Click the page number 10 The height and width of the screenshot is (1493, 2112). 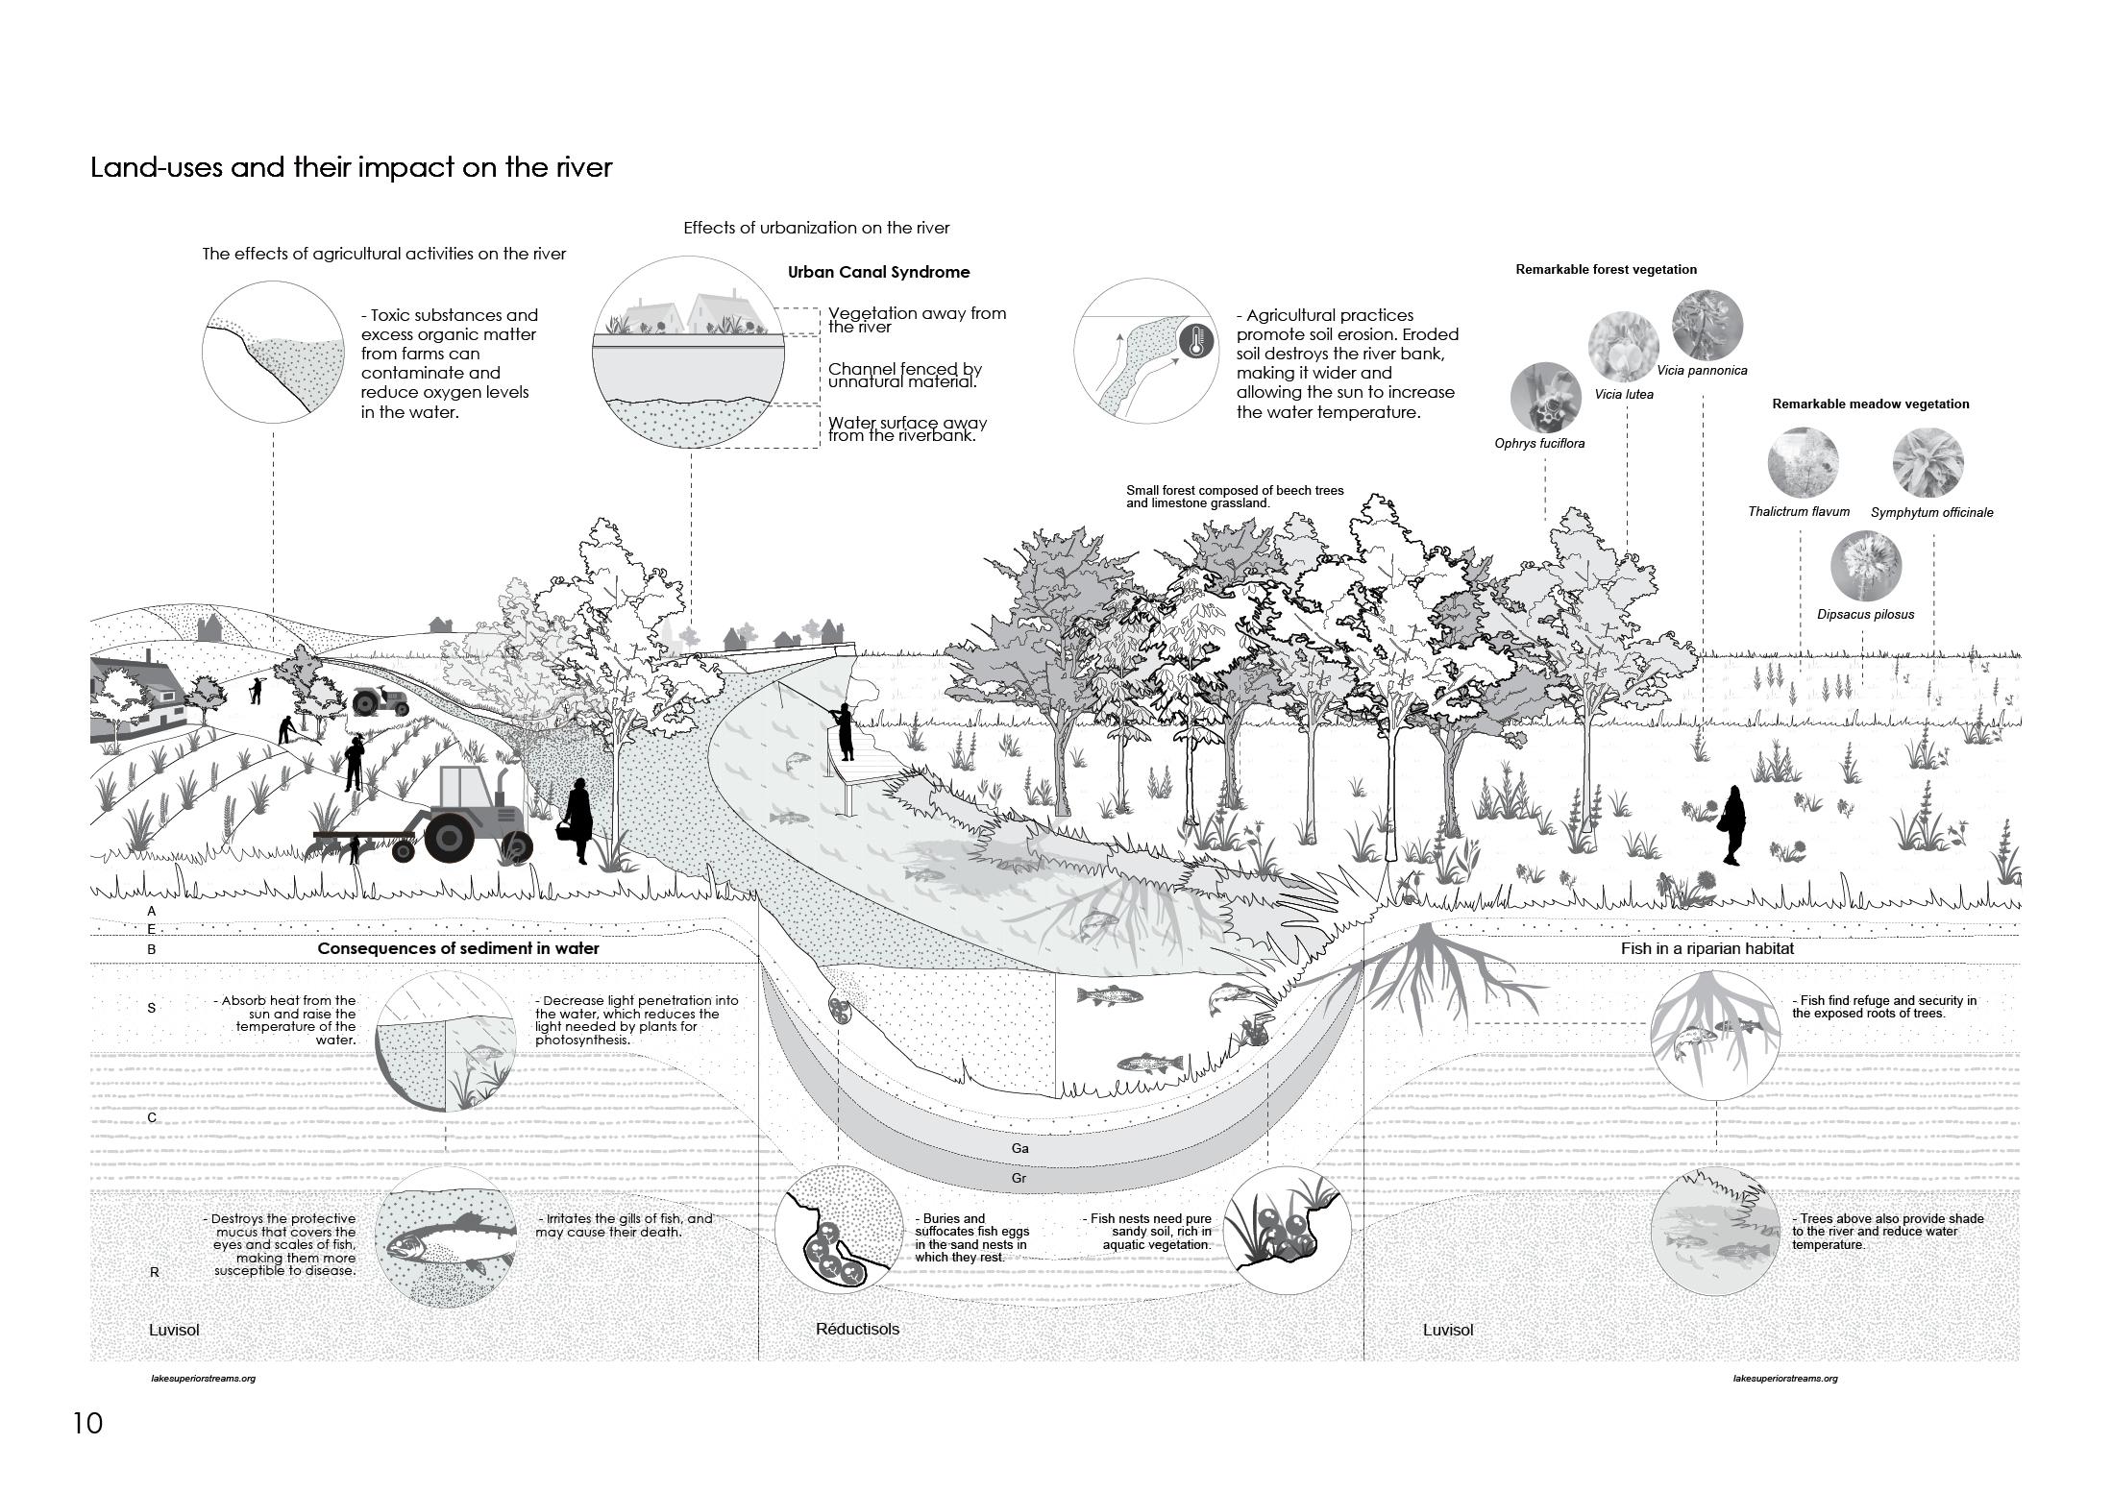87,1423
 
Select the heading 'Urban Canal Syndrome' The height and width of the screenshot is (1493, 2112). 878,272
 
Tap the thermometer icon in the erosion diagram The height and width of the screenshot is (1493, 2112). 1196,341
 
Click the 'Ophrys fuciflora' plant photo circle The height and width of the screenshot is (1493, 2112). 1545,397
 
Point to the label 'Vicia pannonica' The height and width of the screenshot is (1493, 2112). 1702,371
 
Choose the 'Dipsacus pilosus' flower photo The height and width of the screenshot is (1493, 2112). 1865,567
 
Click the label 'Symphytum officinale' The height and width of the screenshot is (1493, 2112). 1931,513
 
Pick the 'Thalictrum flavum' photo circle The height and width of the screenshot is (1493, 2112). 1803,462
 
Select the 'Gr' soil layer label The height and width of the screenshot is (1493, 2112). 1019,1178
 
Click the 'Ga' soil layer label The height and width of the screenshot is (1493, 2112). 1019,1148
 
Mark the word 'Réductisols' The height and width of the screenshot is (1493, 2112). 857,1330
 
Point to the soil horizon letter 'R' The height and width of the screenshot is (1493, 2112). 154,1272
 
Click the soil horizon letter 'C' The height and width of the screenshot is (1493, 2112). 152,1117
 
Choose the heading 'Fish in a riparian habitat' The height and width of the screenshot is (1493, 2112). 1707,949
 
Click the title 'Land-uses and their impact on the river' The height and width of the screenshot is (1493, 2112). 351,167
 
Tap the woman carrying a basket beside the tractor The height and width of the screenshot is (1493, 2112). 578,821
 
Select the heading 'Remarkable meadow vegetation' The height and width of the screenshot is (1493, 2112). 1870,404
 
